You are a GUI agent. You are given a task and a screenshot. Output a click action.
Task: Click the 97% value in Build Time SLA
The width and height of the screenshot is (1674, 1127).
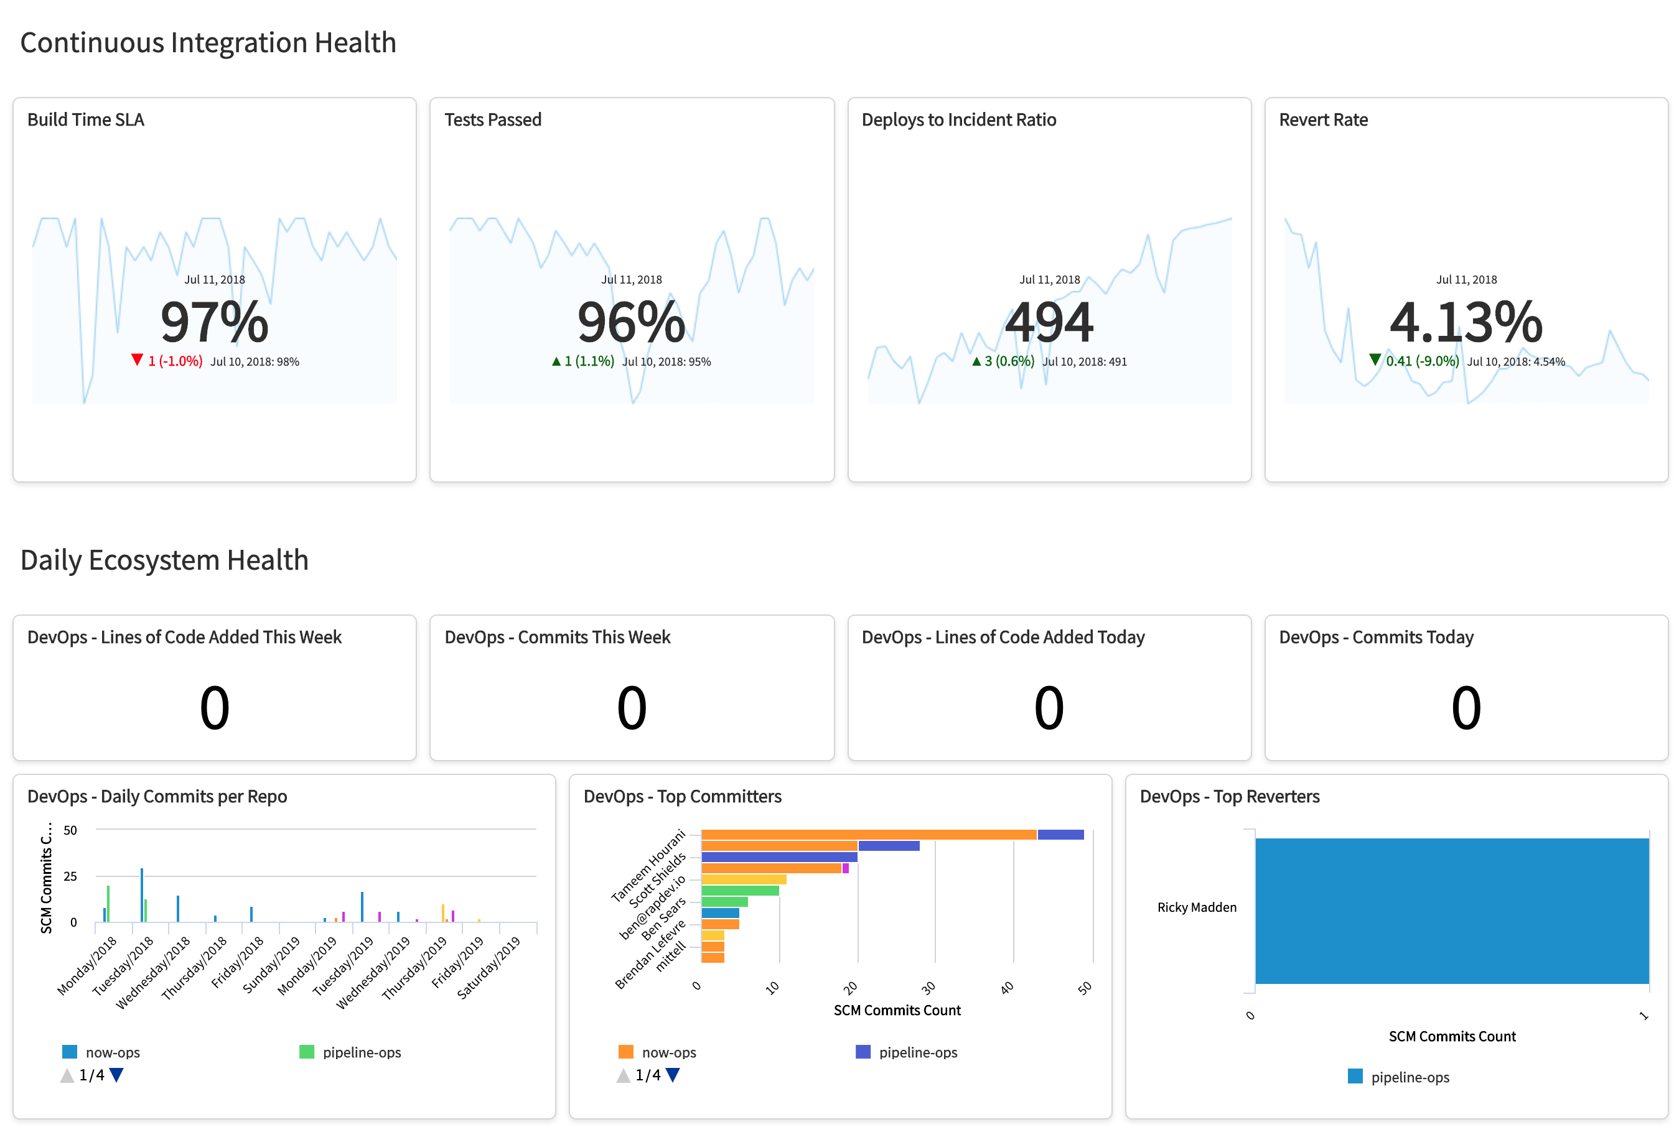213,322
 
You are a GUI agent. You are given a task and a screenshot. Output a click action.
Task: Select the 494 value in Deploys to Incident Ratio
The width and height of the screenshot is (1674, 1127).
1049,322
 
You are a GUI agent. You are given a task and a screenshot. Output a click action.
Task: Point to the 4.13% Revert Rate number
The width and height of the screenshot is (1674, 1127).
1466,322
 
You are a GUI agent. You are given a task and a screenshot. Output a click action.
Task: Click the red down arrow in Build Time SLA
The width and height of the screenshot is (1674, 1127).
137,359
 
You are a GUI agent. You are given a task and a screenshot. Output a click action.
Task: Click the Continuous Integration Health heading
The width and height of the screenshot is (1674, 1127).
208,42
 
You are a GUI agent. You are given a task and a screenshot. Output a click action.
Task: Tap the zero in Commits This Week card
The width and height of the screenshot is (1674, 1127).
632,707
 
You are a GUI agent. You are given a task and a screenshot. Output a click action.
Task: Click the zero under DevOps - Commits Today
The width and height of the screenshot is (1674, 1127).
1466,707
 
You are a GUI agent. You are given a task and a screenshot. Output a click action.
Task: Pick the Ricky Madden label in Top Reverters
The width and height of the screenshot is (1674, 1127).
1196,907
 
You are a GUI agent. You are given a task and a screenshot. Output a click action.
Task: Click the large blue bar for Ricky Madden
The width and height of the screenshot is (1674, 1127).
1451,910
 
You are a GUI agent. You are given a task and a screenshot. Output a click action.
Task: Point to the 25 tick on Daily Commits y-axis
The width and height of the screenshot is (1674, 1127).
70,876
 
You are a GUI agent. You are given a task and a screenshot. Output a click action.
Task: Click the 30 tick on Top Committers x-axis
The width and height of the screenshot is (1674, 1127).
928,988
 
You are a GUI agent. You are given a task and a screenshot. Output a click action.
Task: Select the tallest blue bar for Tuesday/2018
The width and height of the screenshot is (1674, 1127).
142,895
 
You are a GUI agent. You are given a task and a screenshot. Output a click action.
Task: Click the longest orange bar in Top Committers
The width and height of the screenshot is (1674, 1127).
868,835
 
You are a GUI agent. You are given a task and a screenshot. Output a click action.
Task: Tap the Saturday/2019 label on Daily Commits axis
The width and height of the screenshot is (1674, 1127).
489,967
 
